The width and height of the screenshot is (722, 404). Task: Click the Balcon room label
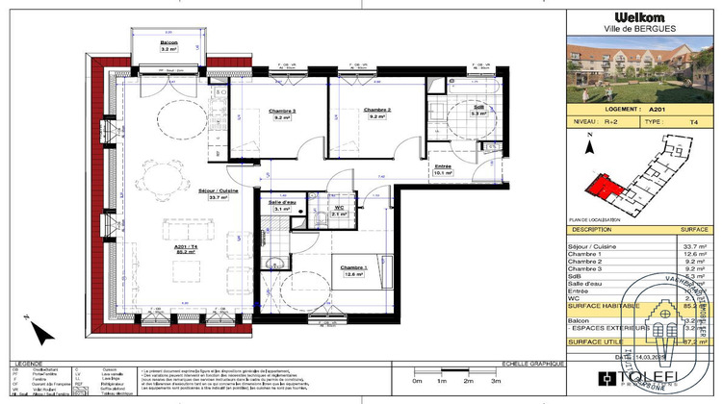pos(168,43)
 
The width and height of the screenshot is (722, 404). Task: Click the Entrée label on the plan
pos(443,166)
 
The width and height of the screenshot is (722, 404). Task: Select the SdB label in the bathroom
pos(477,107)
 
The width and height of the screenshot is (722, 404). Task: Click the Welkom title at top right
pos(639,15)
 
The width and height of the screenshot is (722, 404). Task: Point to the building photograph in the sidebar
pos(639,72)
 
